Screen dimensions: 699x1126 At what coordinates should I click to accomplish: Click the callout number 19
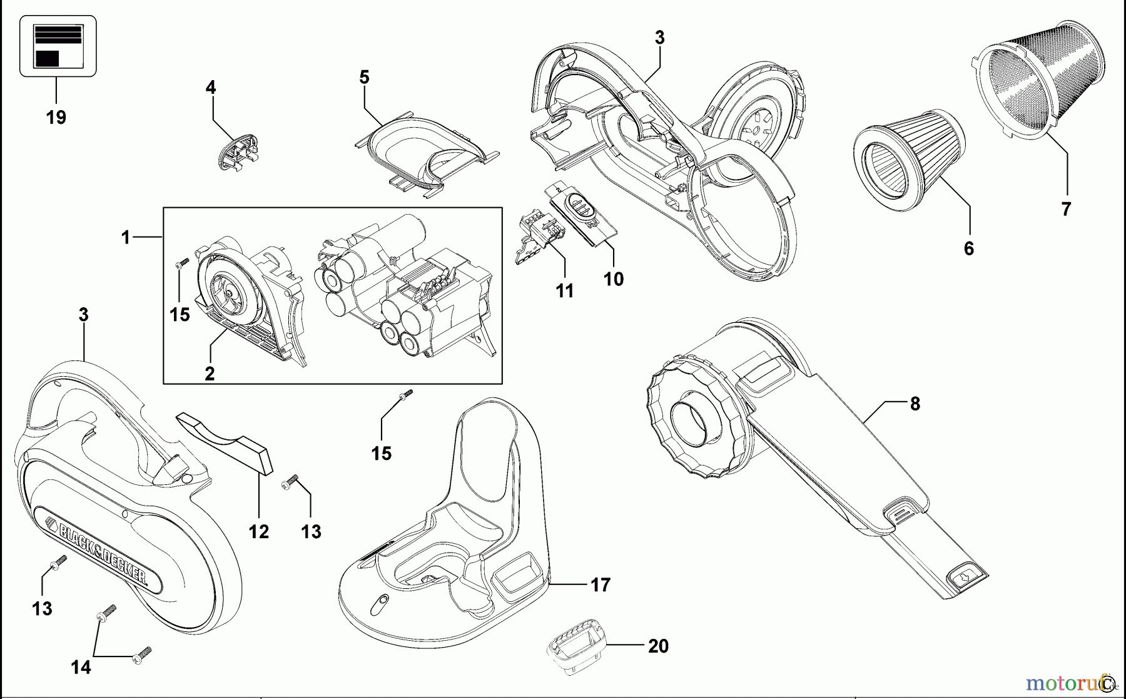tap(56, 117)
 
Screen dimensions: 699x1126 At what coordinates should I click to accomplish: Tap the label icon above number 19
tap(58, 46)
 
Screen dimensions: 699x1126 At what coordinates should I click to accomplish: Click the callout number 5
tap(364, 77)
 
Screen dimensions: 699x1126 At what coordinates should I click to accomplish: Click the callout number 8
tap(915, 404)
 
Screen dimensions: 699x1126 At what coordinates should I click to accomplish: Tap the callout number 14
tap(81, 668)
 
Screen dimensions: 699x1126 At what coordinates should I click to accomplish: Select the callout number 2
tap(210, 374)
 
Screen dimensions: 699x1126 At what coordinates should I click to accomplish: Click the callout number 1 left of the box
tap(126, 238)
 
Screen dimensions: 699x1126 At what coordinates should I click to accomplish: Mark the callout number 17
tap(600, 585)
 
